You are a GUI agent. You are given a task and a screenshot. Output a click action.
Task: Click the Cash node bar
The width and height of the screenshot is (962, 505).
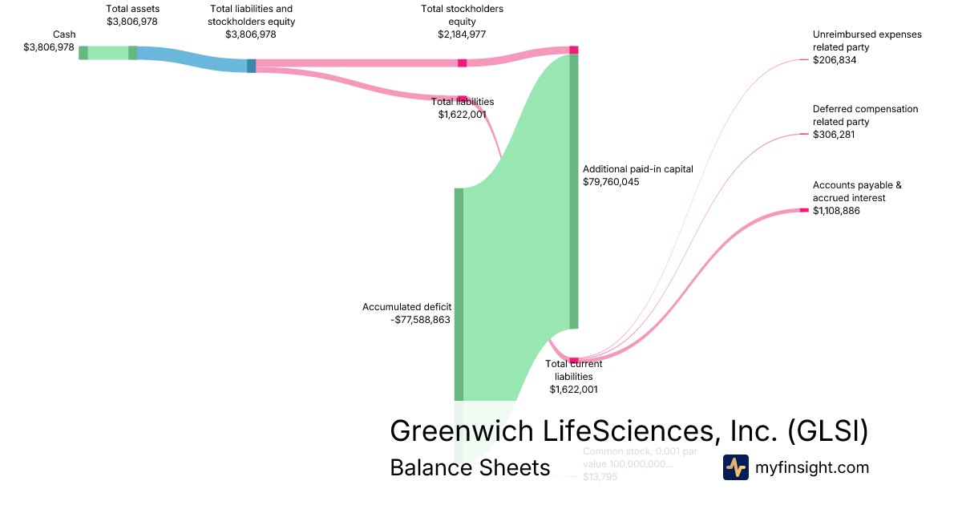click(83, 53)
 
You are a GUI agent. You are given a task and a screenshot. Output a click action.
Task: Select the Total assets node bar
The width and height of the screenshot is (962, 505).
click(133, 53)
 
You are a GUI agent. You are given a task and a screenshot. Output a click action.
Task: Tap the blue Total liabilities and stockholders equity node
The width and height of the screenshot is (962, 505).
click(252, 66)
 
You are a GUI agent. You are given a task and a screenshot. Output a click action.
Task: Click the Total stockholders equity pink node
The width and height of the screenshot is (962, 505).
click(463, 63)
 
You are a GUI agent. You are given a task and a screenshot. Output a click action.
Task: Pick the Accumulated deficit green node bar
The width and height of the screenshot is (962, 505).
click(459, 294)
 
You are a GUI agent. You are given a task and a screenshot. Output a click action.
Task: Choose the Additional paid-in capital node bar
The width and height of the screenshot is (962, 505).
click(573, 191)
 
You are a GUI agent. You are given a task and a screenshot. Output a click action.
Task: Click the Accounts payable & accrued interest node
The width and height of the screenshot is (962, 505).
click(804, 210)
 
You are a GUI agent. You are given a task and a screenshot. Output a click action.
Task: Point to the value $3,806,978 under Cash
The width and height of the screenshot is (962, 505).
click(50, 47)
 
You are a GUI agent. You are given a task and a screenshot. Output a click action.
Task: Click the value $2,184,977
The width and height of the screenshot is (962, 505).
click(462, 34)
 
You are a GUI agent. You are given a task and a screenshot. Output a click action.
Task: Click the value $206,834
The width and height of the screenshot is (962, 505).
click(835, 60)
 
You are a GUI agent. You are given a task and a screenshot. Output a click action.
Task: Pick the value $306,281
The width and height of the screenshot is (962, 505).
click(835, 135)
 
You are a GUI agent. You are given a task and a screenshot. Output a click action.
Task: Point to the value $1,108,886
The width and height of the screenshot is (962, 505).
click(836, 211)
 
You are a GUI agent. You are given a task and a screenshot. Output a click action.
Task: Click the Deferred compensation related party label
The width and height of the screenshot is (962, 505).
click(865, 115)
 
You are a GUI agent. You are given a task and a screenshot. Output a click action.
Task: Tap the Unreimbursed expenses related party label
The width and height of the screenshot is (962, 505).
click(867, 41)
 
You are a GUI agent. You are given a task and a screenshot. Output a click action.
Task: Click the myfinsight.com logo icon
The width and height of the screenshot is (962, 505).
click(735, 467)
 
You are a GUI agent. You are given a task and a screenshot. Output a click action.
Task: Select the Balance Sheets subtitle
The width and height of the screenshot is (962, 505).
click(470, 467)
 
